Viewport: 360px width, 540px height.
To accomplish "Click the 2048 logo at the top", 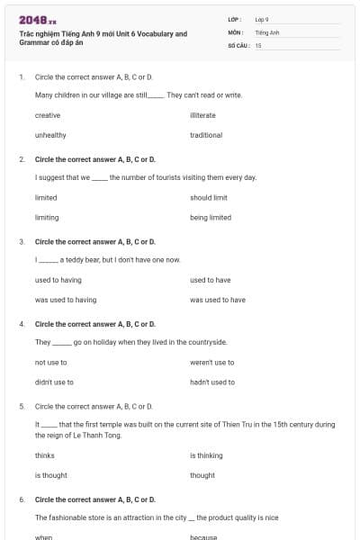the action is [x=37, y=19].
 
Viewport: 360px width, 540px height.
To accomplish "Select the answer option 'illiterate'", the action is [x=202, y=115].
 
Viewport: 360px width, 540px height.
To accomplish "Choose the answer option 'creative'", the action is [x=48, y=115].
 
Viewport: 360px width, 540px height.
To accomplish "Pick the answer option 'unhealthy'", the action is [x=50, y=135].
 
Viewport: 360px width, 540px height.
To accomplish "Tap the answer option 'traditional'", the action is [x=206, y=135].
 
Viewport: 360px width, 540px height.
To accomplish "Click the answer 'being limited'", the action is [x=211, y=217].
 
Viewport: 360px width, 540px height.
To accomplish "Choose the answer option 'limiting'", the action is [x=46, y=217].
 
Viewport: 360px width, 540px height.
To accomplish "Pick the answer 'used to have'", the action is [x=210, y=280].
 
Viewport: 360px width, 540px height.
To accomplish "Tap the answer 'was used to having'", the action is [x=66, y=300].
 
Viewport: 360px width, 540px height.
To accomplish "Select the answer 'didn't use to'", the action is [x=54, y=382].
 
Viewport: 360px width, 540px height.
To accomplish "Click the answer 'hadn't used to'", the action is [x=212, y=382].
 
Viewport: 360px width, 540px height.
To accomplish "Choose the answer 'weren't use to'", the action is [x=212, y=362].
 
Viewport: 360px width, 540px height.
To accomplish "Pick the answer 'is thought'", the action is [x=51, y=475].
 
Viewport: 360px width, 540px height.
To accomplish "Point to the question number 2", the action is [x=22, y=159].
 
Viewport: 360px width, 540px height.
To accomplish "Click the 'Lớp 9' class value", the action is [x=262, y=19].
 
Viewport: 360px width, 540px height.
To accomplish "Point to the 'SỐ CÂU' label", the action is [x=238, y=45].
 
